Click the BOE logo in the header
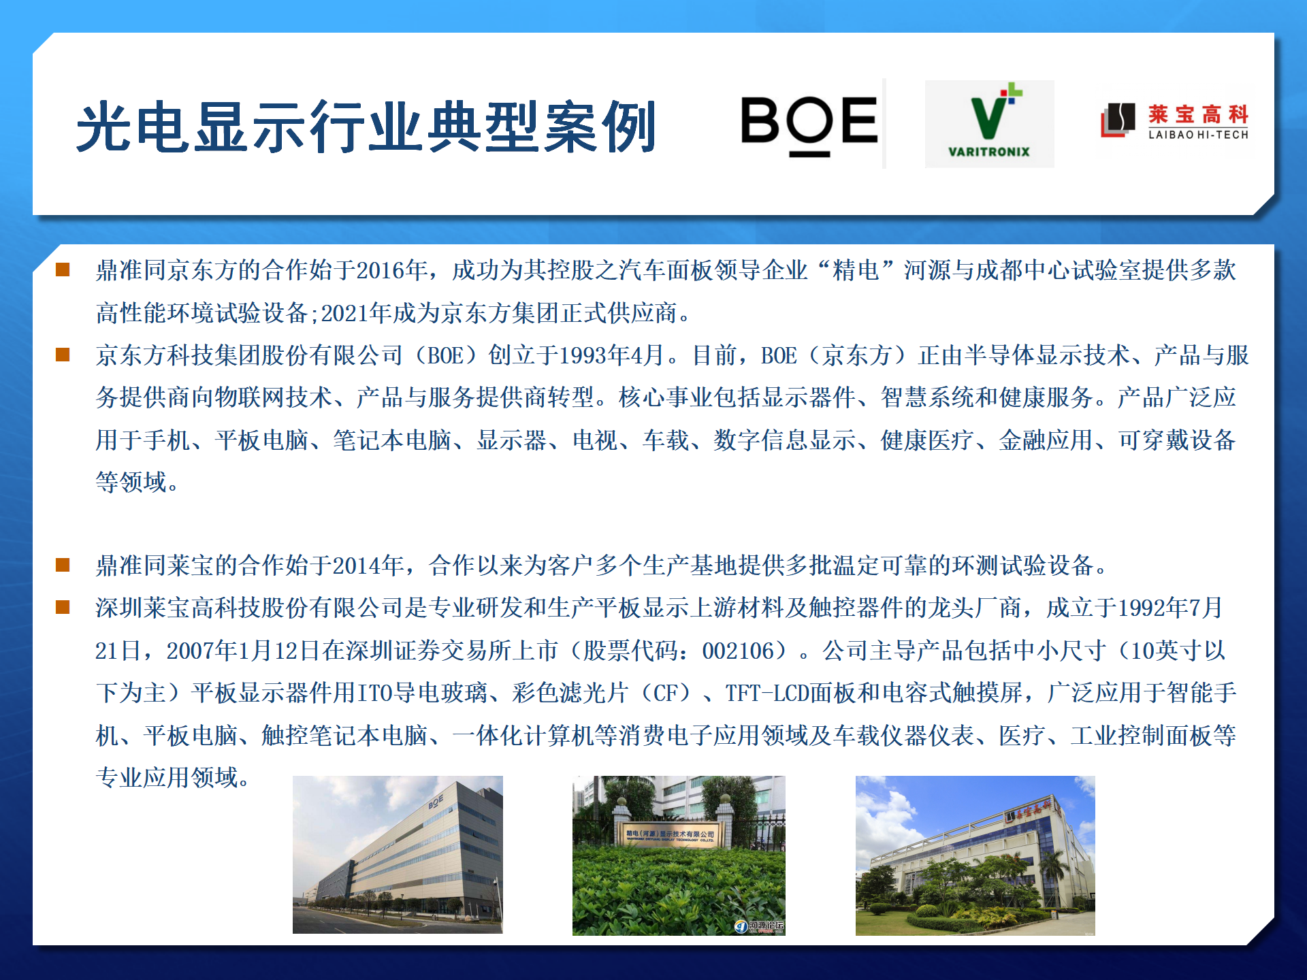tap(809, 125)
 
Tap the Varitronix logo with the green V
tap(989, 123)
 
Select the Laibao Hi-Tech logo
tap(1175, 121)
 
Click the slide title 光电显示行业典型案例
tap(366, 127)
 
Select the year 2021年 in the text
tap(357, 313)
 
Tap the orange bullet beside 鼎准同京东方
tap(63, 269)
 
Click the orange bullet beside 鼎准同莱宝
tap(63, 565)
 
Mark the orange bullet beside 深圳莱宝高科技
tap(63, 607)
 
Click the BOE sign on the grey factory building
tap(436, 801)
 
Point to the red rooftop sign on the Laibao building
tap(1030, 810)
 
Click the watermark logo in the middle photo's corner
tap(759, 926)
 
